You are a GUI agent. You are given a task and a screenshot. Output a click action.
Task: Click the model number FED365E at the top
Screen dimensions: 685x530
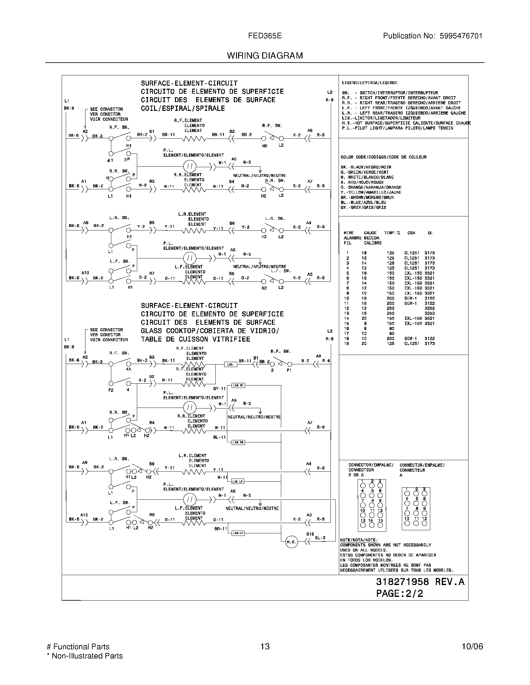coord(265,36)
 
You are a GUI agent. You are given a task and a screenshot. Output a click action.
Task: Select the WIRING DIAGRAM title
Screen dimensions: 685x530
coord(265,56)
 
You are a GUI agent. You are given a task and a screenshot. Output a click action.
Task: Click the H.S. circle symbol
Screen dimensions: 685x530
coord(291,542)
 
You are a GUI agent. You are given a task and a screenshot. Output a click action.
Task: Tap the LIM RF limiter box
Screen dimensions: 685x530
coord(238,385)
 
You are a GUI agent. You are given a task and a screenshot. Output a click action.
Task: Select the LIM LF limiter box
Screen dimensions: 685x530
coord(238,533)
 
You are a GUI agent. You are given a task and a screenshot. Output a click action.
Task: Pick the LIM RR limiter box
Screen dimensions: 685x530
coord(238,442)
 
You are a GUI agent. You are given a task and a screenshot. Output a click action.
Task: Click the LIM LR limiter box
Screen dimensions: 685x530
coord(237,481)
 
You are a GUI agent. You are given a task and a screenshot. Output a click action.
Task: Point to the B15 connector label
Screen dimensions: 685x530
coord(310,534)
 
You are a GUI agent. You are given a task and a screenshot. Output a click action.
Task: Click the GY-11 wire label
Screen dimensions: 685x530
coord(219,389)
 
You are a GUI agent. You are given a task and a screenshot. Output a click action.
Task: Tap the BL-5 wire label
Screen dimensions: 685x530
coord(320,538)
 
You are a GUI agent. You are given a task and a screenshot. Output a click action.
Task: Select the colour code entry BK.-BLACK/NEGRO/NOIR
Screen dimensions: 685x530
coord(366,167)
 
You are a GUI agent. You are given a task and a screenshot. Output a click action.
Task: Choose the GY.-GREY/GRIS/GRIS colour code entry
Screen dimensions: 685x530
coord(363,207)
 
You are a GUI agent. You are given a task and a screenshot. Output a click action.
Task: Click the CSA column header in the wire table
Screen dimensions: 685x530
coord(411,233)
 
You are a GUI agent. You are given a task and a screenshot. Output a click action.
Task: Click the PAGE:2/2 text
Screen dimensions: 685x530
coord(399,593)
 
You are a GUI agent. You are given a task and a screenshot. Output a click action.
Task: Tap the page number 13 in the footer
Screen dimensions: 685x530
coord(265,646)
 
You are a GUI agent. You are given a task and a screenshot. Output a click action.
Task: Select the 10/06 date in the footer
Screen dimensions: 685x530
coord(472,646)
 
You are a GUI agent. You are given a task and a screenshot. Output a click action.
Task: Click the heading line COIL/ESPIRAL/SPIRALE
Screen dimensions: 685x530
coord(183,109)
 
